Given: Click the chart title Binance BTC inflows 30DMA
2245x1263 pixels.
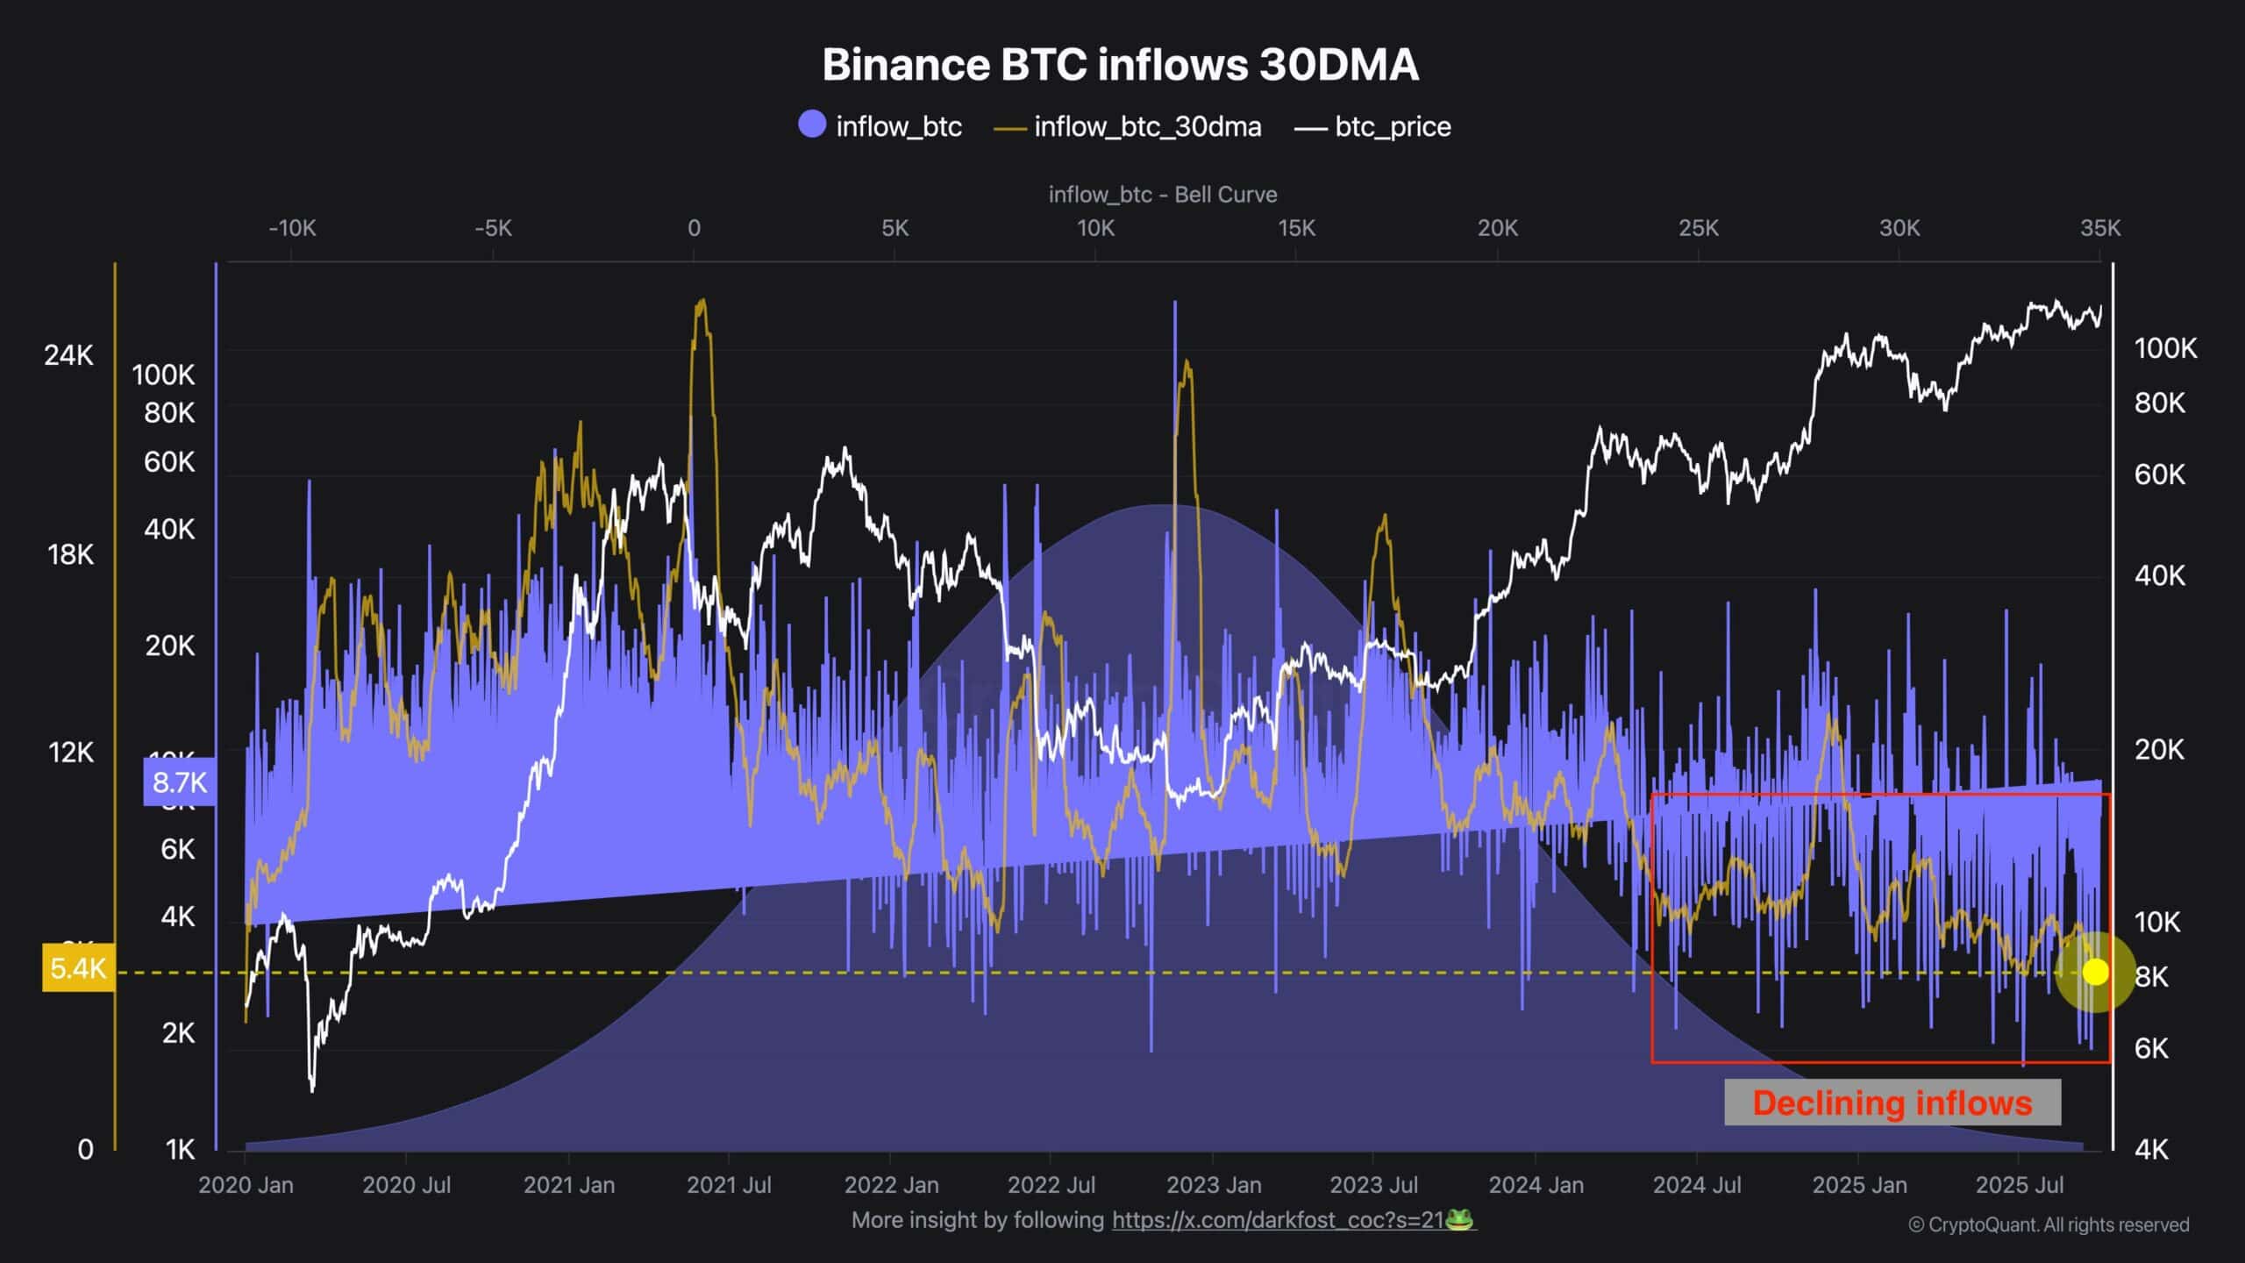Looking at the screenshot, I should (1120, 65).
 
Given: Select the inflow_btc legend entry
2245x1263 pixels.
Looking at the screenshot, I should (880, 126).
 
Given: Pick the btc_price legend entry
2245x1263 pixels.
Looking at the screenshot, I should (1373, 127).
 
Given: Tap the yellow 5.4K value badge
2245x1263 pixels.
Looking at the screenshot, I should (78, 968).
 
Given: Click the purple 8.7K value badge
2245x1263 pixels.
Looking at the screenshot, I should (180, 782).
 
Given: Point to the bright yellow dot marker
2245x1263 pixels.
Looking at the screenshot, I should (2095, 972).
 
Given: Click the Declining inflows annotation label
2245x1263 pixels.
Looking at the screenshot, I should (1892, 1102).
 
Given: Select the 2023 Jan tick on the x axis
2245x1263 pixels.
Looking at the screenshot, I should (1214, 1185).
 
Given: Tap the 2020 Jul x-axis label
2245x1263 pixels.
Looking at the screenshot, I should (406, 1185).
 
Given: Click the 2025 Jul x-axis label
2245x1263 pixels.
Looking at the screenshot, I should (2019, 1185).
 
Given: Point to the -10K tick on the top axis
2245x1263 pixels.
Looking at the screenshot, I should (292, 229).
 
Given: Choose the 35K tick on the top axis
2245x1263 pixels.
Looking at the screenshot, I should (2099, 229).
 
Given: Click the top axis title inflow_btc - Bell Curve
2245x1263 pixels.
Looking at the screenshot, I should (1163, 195).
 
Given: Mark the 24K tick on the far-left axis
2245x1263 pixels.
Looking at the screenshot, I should (68, 355).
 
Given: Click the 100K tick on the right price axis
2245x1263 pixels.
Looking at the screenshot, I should (2165, 349).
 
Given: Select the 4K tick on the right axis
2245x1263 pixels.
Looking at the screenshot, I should (2150, 1149).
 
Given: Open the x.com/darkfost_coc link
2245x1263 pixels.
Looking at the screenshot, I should (1278, 1220).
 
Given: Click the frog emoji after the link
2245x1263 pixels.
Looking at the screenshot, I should (1458, 1220).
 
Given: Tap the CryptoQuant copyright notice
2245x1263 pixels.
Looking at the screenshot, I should (2049, 1224).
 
